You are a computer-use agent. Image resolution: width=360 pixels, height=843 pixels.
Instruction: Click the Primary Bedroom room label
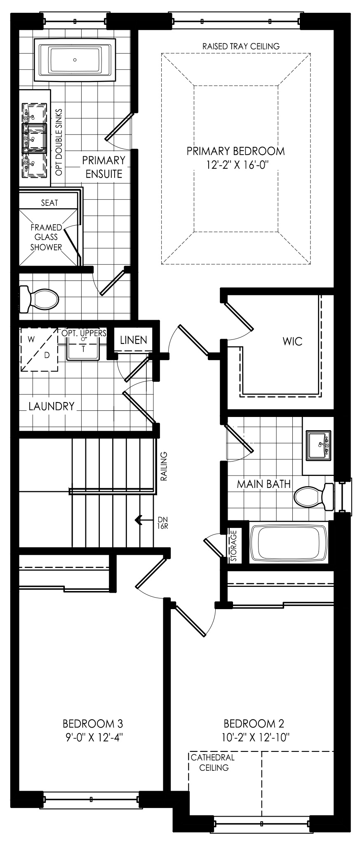(235, 151)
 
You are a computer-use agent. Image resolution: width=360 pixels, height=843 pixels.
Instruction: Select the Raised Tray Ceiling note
(241, 46)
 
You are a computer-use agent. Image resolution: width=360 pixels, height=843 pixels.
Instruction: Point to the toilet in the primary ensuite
(39, 298)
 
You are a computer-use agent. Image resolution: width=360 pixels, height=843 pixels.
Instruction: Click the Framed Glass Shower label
(46, 237)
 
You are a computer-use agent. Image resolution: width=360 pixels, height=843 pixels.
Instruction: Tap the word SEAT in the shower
(49, 203)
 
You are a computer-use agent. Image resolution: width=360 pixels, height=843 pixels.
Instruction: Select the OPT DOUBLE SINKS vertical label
(59, 142)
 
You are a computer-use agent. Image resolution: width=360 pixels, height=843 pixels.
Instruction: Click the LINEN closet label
(133, 340)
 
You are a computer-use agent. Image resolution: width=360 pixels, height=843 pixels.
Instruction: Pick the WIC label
(293, 341)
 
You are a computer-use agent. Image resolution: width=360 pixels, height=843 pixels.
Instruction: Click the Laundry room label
(52, 406)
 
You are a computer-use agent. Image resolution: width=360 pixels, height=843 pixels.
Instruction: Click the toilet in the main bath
(314, 496)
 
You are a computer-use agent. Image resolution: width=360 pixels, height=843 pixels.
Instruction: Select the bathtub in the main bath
(289, 542)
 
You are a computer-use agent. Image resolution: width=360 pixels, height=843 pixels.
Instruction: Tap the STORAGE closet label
(233, 545)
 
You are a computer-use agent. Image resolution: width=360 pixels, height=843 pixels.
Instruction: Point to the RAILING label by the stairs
(163, 466)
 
